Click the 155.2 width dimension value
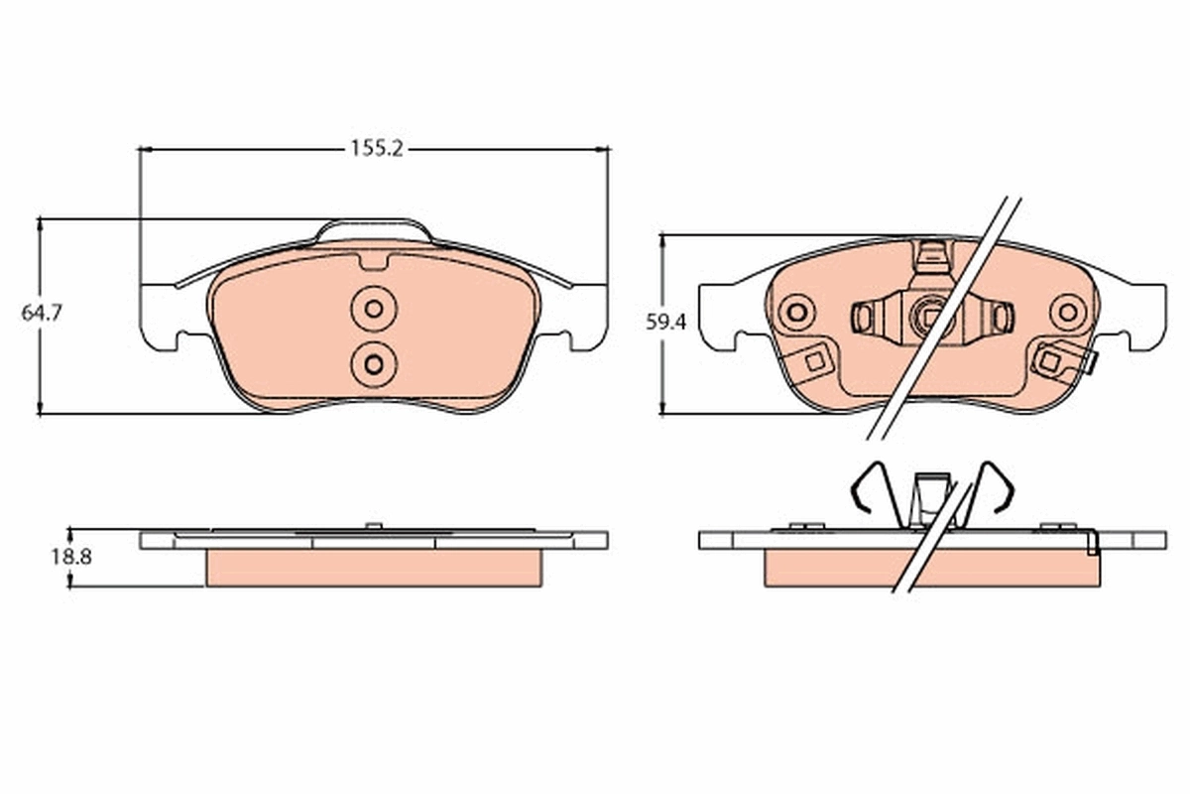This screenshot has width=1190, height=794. (x=376, y=149)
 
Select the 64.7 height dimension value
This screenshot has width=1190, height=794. (x=42, y=313)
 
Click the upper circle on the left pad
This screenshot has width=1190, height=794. (x=374, y=309)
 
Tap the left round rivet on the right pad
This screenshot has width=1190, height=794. (x=795, y=314)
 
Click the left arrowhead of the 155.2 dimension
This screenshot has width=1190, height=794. (x=145, y=149)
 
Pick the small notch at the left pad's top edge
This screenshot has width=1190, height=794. (x=374, y=263)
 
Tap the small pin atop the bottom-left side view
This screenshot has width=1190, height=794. (x=373, y=525)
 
